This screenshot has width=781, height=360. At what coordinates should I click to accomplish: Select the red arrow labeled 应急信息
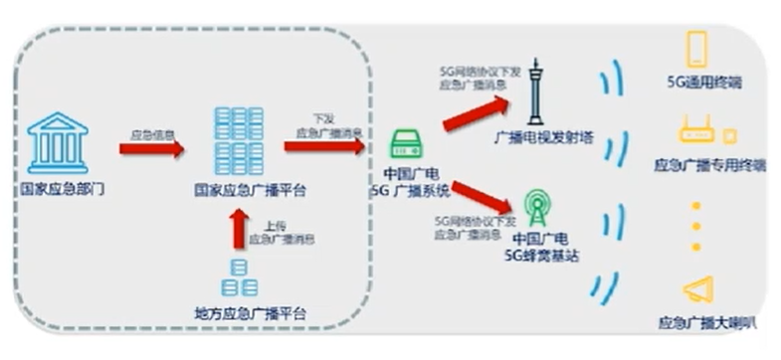coord(151,149)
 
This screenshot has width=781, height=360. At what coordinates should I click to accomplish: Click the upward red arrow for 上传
coord(238,228)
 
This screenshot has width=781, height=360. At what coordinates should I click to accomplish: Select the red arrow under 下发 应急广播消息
coord(323,146)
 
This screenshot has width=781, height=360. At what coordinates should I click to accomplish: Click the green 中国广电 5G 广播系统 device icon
coord(407,144)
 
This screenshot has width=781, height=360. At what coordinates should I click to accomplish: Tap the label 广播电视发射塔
coord(543,138)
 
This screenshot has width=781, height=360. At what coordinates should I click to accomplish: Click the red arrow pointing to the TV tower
coord(476,112)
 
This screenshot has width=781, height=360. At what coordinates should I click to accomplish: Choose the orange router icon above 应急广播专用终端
coord(697,132)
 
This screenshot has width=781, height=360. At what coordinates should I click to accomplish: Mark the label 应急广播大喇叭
coord(708,323)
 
